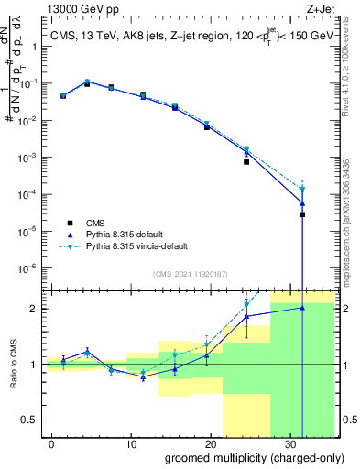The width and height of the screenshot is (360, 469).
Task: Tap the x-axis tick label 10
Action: [132, 442]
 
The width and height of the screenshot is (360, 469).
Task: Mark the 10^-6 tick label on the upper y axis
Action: [29, 268]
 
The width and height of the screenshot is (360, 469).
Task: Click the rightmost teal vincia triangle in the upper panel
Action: [302, 190]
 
